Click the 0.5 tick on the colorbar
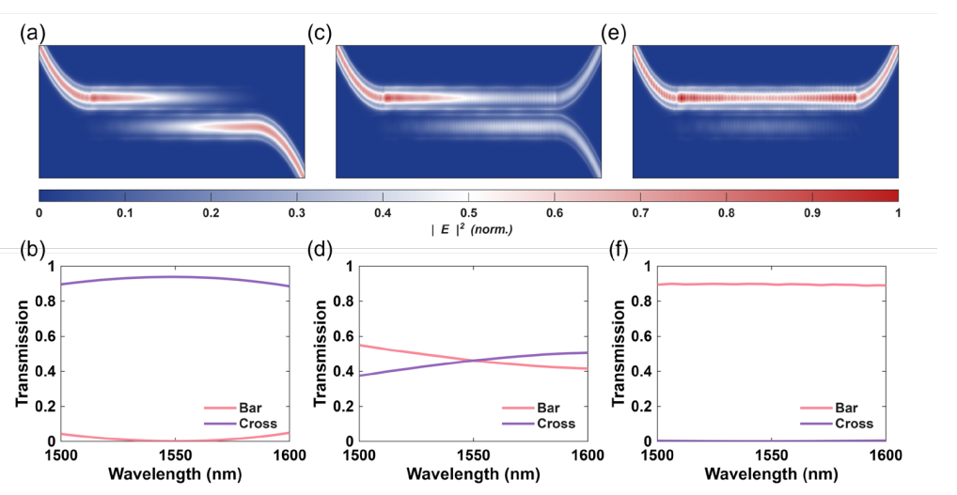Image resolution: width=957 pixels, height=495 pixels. pyautogui.click(x=467, y=212)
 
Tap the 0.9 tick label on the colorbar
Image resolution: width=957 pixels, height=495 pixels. pyautogui.click(x=810, y=212)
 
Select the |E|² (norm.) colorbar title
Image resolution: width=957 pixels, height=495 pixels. pyautogui.click(x=467, y=228)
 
